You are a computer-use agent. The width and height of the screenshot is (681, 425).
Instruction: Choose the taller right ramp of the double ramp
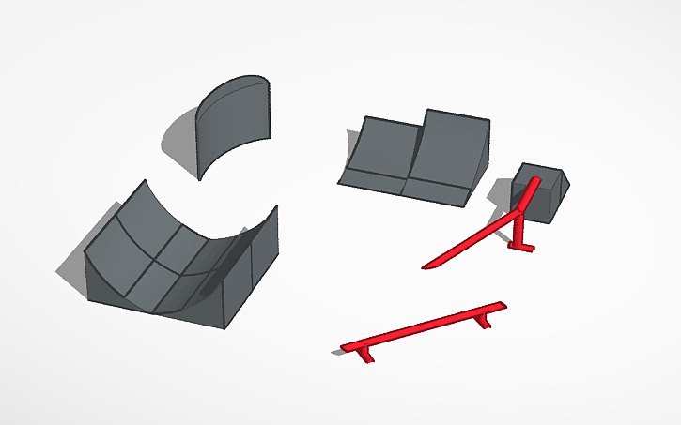[x=451, y=150]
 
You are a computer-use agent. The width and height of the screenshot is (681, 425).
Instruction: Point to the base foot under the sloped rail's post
[x=522, y=248]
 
